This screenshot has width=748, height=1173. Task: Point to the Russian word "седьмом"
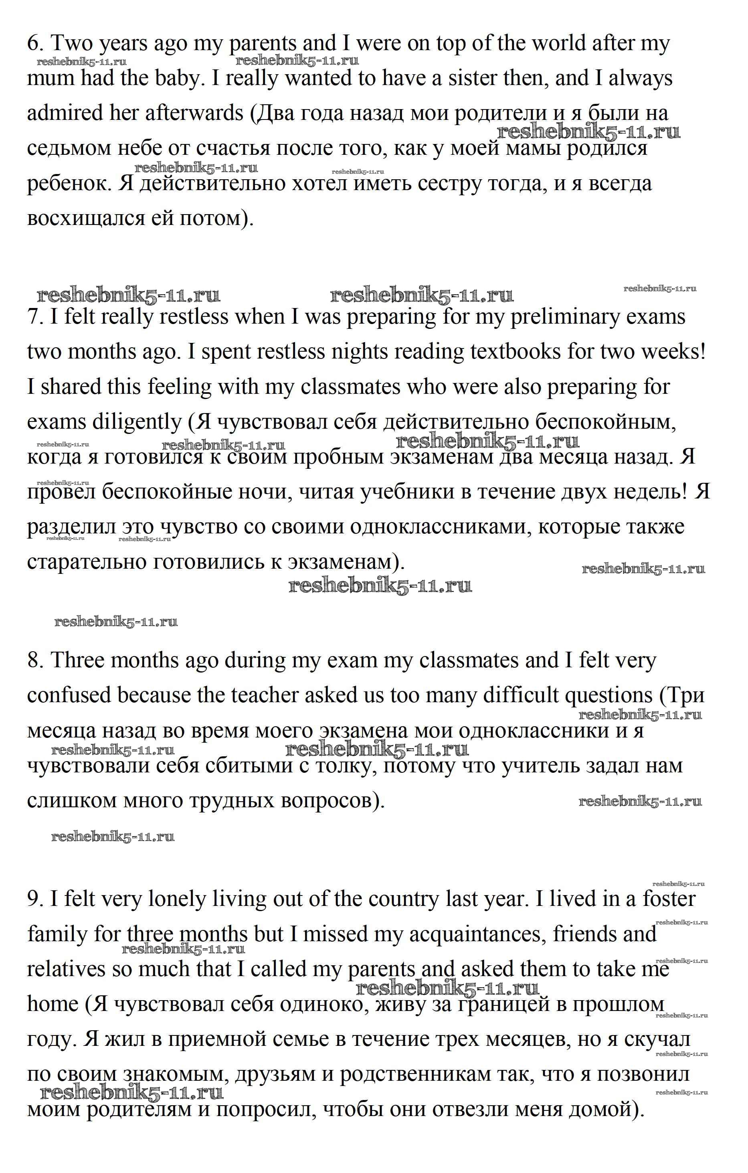[69, 148]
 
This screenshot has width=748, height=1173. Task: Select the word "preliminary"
[570, 318]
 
